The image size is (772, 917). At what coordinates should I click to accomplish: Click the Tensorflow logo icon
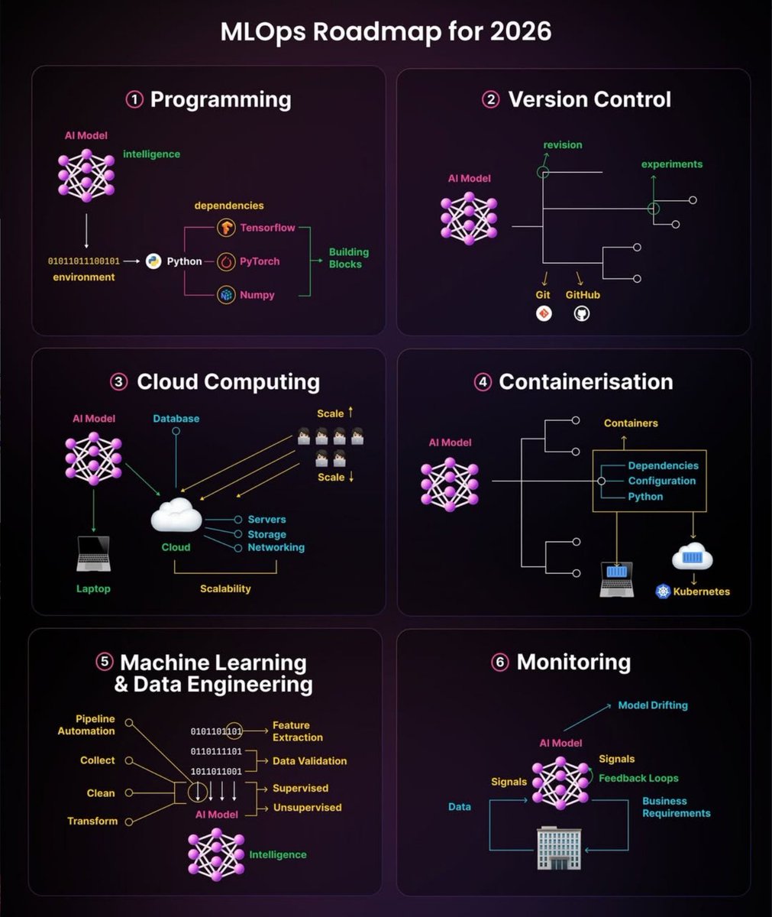[x=226, y=228]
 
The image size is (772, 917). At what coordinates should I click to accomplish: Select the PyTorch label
[x=260, y=261]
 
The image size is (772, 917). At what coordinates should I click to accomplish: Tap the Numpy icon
[x=226, y=295]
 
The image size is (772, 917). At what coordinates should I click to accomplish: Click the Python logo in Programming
[x=153, y=261]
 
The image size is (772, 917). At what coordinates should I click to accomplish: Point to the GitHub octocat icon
[x=582, y=314]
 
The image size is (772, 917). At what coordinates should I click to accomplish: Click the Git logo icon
[x=544, y=314]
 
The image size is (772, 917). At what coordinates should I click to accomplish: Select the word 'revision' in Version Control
[x=563, y=145]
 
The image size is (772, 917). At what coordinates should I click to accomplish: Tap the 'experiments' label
[x=672, y=164]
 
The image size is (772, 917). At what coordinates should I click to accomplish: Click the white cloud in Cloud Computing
[x=176, y=516]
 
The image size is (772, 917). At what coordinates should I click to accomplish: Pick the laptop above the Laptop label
[x=93, y=554]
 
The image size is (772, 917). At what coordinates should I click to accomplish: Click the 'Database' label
[x=176, y=419]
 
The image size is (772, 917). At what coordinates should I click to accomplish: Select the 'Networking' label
[x=276, y=547]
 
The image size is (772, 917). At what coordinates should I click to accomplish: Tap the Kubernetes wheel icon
[x=663, y=591]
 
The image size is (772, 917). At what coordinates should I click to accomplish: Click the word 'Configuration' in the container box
[x=662, y=481]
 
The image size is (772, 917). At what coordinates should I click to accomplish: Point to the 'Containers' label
[x=631, y=423]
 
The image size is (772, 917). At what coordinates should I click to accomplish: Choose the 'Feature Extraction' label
[x=298, y=731]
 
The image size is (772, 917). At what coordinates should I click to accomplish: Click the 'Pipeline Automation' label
[x=86, y=725]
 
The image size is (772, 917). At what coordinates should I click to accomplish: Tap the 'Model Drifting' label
[x=653, y=705]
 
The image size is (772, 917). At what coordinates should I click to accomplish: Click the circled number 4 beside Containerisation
[x=483, y=382]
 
